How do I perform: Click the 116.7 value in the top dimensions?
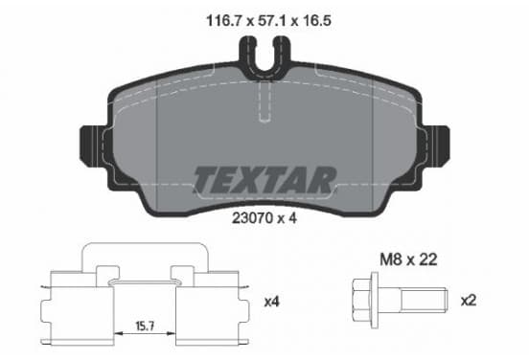pos(224,20)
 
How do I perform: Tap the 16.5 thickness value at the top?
pos(316,20)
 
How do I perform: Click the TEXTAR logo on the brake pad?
pos(264,180)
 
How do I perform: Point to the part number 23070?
pos(252,218)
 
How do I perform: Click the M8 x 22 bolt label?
pos(408,259)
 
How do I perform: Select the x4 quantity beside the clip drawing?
pos(271,302)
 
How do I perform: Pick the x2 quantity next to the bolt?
pos(469,300)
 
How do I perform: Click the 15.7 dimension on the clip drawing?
pos(145,326)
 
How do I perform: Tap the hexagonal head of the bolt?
pos(361,300)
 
